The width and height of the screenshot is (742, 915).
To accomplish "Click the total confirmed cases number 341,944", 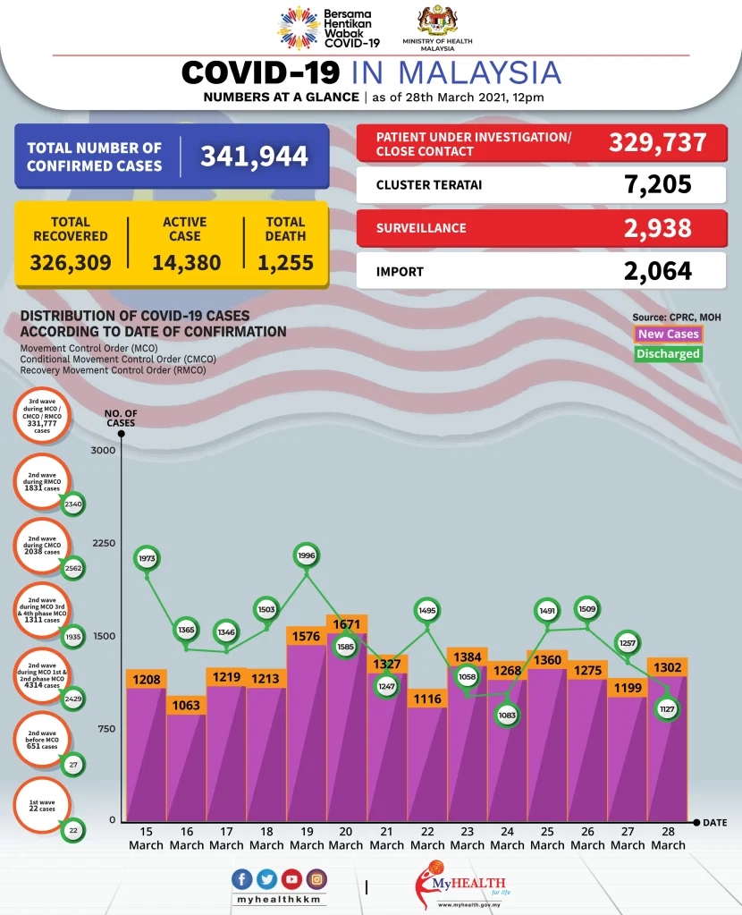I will pos(254,157).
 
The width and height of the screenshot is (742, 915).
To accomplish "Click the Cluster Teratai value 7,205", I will pos(658,185).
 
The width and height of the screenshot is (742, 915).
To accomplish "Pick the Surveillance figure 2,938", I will pos(658,228).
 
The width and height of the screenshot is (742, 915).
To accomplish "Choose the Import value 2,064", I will pos(658,271).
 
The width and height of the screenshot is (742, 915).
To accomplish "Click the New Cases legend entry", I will pos(668,334).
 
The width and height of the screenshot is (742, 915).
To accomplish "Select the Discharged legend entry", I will pos(668,353).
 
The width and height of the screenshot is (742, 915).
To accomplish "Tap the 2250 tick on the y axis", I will pos(105,544).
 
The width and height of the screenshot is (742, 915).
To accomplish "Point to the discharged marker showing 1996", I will pos(306,555).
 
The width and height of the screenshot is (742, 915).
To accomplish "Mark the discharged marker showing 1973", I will pos(147,558).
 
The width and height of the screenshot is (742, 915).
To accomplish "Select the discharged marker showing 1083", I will pos(508,715).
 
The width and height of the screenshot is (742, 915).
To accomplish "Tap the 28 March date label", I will pos(668,839).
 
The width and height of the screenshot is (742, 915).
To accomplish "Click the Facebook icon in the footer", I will pos(242,879).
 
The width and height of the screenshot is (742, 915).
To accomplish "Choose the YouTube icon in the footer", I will pos(291,879).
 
